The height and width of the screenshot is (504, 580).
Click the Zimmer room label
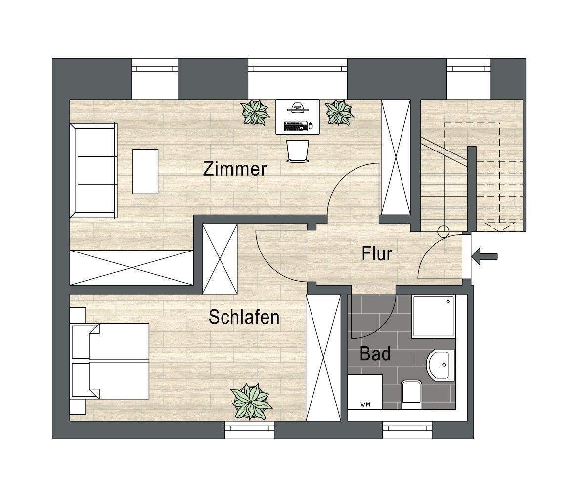click(x=235, y=169)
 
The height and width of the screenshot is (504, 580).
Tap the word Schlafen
click(x=244, y=317)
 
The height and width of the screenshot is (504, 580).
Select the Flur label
click(x=377, y=253)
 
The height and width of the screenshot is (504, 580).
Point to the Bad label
click(x=375, y=354)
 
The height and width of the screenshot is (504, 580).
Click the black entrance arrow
click(x=485, y=256)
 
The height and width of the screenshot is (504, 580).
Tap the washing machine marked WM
click(x=365, y=392)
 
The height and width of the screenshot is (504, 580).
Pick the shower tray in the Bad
click(x=433, y=317)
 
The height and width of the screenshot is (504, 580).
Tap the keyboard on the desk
click(x=296, y=126)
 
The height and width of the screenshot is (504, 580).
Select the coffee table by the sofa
click(x=145, y=171)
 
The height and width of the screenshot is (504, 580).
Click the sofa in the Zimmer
click(x=93, y=171)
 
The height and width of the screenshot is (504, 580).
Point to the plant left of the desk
click(x=255, y=112)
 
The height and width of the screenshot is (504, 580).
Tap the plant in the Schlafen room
click(x=251, y=402)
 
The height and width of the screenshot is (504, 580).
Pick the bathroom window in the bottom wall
click(x=407, y=430)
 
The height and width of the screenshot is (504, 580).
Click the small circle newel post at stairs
click(x=444, y=230)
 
